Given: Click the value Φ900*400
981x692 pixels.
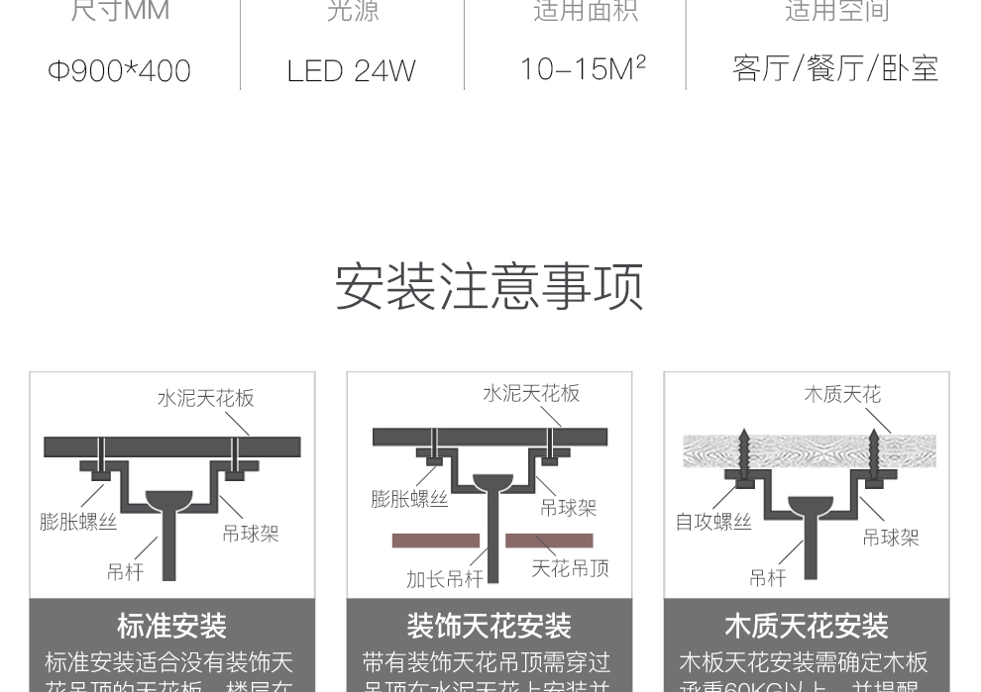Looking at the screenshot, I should [x=119, y=70].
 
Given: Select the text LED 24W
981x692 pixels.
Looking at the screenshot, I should [x=351, y=70].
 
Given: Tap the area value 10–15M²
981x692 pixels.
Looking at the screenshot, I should [x=583, y=68].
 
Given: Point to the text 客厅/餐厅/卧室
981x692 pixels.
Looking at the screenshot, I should [x=835, y=68].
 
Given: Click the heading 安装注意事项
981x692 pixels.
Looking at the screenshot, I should [x=490, y=286].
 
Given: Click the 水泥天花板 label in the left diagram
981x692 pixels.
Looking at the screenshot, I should [x=206, y=398].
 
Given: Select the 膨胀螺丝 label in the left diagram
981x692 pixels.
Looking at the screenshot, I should [x=78, y=522].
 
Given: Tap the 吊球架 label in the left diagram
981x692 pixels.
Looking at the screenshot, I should [x=251, y=534].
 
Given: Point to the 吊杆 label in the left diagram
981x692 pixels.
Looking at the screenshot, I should [x=126, y=571].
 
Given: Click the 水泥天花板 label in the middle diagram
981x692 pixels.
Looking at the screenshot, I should [x=531, y=393].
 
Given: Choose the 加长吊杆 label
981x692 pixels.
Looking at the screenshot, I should [x=445, y=579].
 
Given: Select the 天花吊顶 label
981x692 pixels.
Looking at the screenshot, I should [x=570, y=568].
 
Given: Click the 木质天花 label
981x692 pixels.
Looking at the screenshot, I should [x=842, y=394].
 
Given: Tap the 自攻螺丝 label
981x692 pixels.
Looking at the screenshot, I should [x=713, y=522].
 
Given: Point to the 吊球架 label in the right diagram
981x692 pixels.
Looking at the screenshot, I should [x=891, y=538].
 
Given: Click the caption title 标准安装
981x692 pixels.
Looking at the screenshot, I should [x=172, y=626].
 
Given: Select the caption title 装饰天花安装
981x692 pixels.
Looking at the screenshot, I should [x=490, y=626].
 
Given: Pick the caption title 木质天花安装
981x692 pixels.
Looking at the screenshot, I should [x=807, y=626].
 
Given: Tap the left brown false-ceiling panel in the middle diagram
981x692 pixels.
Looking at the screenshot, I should [x=436, y=541].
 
